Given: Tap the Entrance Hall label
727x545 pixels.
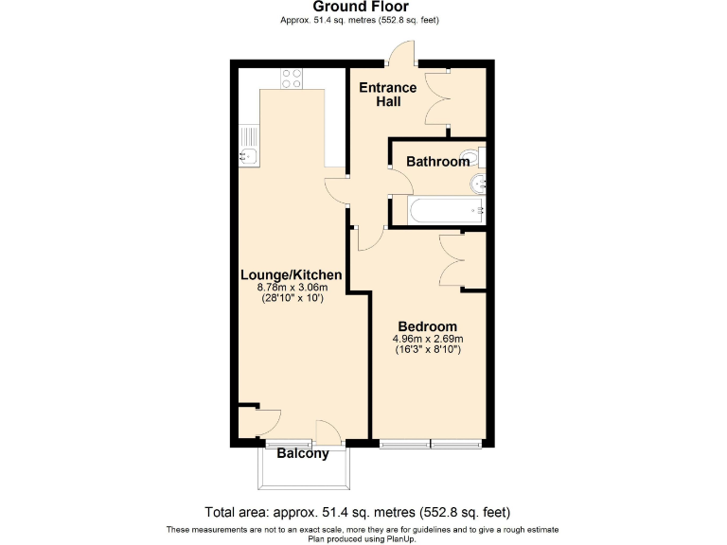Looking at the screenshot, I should [x=387, y=95].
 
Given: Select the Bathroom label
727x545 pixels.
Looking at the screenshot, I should [x=437, y=162].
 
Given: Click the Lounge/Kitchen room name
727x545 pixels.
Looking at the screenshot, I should [x=291, y=274].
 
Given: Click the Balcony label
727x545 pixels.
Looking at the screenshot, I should [x=303, y=454].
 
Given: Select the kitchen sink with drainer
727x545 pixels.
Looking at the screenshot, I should [x=248, y=147].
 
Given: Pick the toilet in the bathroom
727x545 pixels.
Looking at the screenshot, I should [x=470, y=156].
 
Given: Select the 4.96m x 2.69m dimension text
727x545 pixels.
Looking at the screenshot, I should [x=427, y=339].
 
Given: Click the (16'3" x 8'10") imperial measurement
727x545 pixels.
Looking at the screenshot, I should [x=427, y=350].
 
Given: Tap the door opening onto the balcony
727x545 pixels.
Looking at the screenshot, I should [x=328, y=431].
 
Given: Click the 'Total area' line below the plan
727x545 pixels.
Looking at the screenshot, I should [x=363, y=511].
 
